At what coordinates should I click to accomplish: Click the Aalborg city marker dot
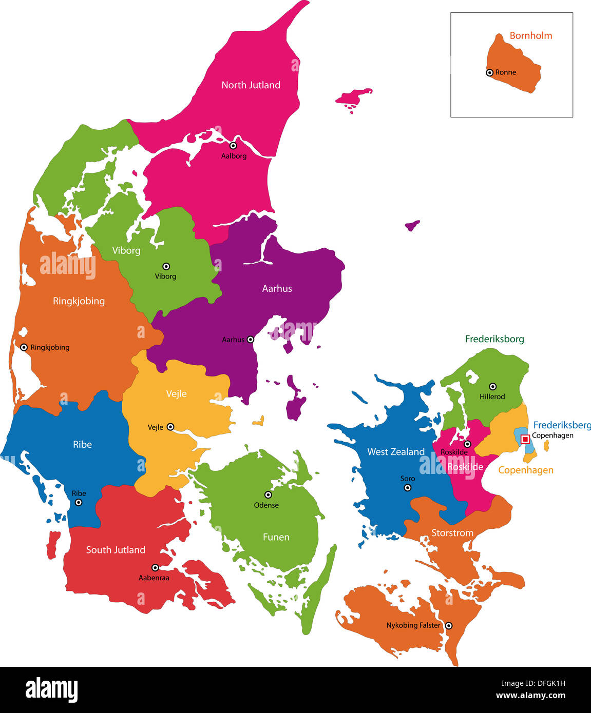click(x=233, y=146)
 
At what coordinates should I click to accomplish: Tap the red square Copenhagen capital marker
click(x=525, y=439)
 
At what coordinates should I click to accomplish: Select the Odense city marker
click(x=268, y=495)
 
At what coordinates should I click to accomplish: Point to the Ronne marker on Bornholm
click(x=489, y=73)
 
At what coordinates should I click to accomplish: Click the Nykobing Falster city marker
click(x=448, y=625)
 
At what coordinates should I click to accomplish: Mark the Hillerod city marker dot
click(x=492, y=386)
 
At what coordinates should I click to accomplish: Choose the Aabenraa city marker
click(x=155, y=567)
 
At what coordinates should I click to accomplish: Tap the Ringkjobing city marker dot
click(x=24, y=347)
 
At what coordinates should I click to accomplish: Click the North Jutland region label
click(x=251, y=85)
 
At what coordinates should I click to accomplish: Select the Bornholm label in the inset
click(x=530, y=35)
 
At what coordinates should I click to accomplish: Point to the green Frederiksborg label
click(x=494, y=339)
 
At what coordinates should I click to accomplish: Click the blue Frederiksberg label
click(x=561, y=425)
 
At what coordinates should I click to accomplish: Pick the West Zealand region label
click(x=395, y=452)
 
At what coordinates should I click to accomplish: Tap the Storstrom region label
click(x=452, y=533)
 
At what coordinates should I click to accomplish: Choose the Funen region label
click(x=276, y=537)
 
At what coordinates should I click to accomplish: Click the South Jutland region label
click(x=116, y=550)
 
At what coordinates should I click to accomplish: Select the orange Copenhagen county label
click(x=525, y=470)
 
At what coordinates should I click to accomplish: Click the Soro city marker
click(x=407, y=488)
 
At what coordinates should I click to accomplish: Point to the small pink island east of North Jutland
click(x=353, y=97)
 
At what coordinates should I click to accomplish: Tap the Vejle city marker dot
click(x=170, y=427)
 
